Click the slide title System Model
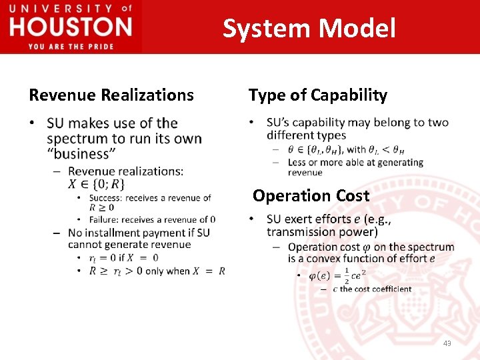click(309, 29)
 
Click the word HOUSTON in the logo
click(71, 27)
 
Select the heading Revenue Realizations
click(111, 95)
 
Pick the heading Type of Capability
click(318, 95)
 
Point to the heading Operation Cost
click(311, 196)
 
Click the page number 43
click(447, 343)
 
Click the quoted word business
click(78, 154)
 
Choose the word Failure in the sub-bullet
click(105, 219)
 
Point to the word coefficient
click(392, 289)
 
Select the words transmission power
click(322, 232)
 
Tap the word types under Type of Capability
click(331, 135)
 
